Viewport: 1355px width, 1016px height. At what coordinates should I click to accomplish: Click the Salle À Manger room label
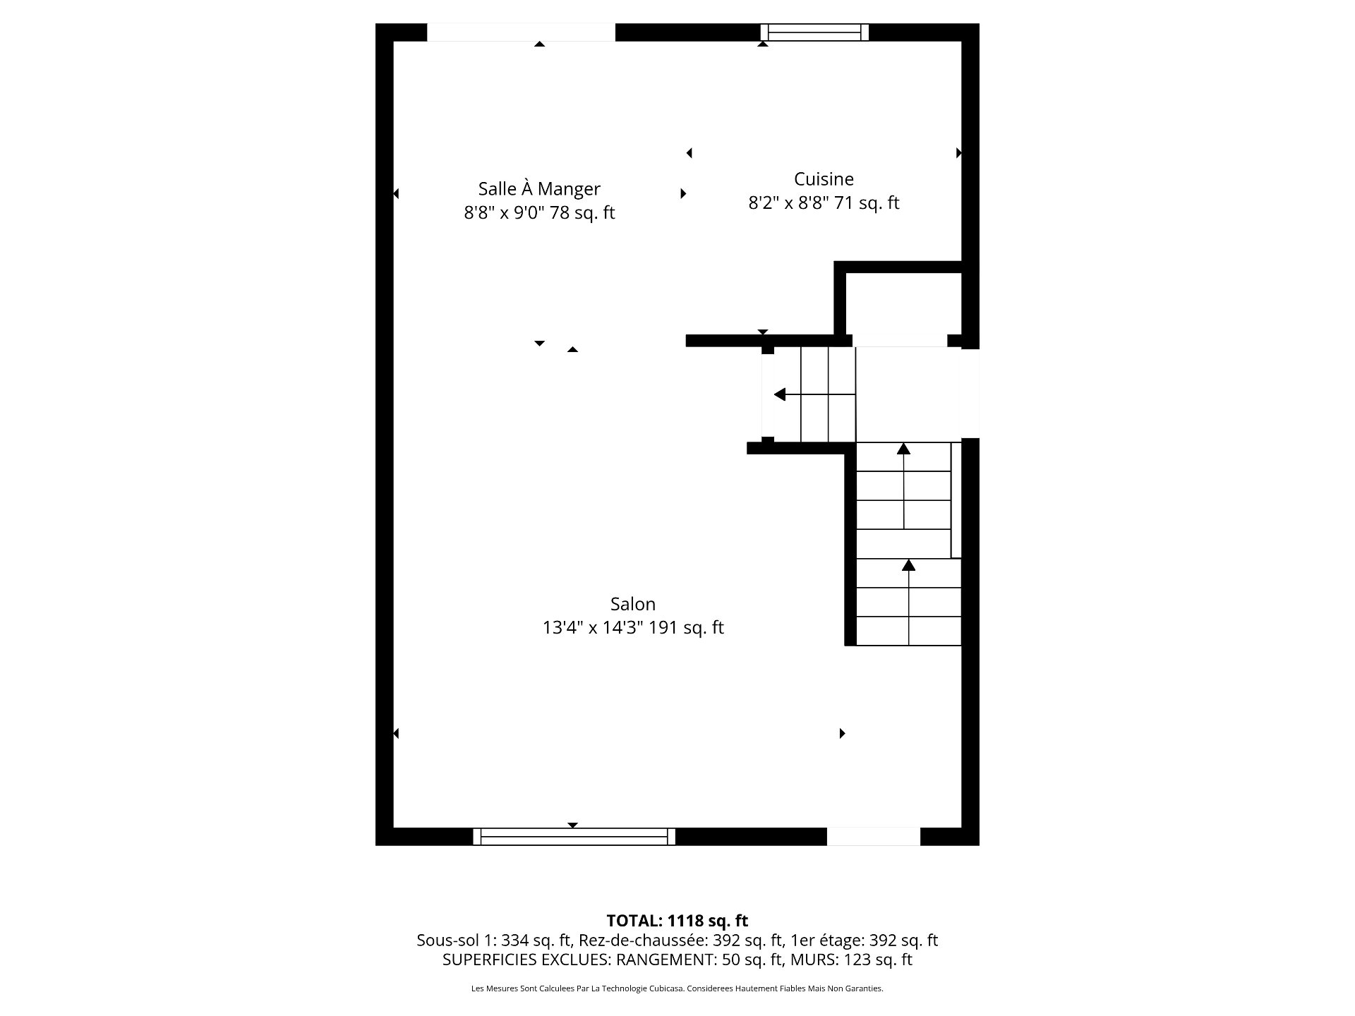click(x=539, y=188)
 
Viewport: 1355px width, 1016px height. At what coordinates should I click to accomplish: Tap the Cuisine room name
click(x=824, y=179)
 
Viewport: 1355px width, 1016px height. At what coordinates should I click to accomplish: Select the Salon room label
click(x=633, y=604)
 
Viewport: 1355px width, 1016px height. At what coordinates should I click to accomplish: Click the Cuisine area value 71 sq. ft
click(x=868, y=203)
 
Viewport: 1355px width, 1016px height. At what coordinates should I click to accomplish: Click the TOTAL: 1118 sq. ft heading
click(x=677, y=921)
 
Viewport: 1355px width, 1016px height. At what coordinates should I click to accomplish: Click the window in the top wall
click(x=814, y=32)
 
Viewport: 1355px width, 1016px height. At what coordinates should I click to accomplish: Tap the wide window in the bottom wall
click(x=574, y=836)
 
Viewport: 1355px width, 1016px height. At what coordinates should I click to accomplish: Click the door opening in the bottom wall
click(x=874, y=836)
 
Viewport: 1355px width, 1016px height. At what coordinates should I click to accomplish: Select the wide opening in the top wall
click(x=521, y=32)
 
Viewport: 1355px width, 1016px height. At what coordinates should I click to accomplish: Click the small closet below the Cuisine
click(x=903, y=305)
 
